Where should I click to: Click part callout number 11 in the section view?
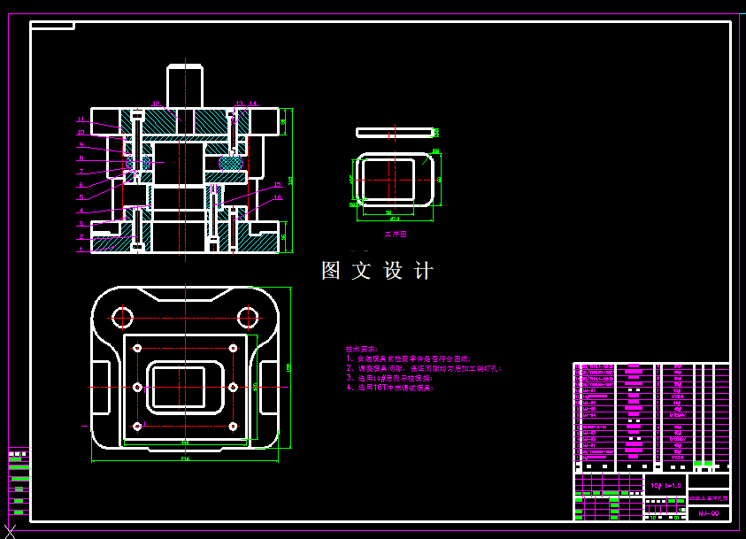(x=81, y=119)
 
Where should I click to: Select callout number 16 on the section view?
(x=278, y=198)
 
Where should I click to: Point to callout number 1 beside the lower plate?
(x=81, y=250)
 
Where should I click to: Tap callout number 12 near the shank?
(x=157, y=103)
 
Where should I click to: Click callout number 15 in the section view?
(x=277, y=185)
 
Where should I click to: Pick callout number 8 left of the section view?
(x=81, y=158)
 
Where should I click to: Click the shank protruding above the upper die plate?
(x=186, y=84)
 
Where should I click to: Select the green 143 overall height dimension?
(x=292, y=181)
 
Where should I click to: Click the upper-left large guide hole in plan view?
(x=123, y=316)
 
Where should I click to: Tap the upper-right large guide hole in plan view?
(x=247, y=316)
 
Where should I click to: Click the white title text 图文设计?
(x=378, y=271)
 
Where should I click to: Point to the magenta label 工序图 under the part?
(x=395, y=235)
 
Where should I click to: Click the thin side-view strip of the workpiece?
(x=395, y=133)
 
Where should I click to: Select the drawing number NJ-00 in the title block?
(x=709, y=512)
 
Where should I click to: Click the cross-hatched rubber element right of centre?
(x=231, y=163)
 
